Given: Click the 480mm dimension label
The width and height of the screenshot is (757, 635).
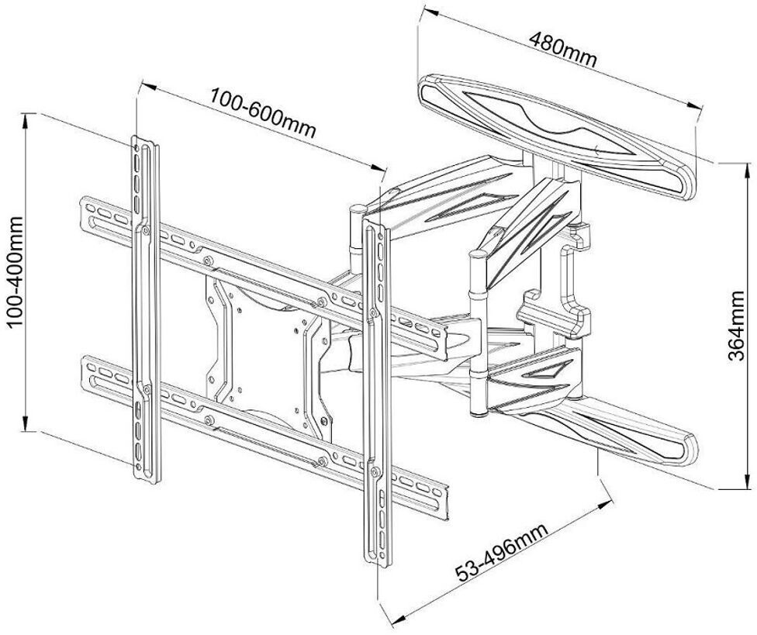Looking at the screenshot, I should (563, 49).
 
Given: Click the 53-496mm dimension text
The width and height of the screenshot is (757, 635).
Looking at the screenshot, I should (501, 553).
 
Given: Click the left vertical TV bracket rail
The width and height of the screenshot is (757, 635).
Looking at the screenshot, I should (145, 310).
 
